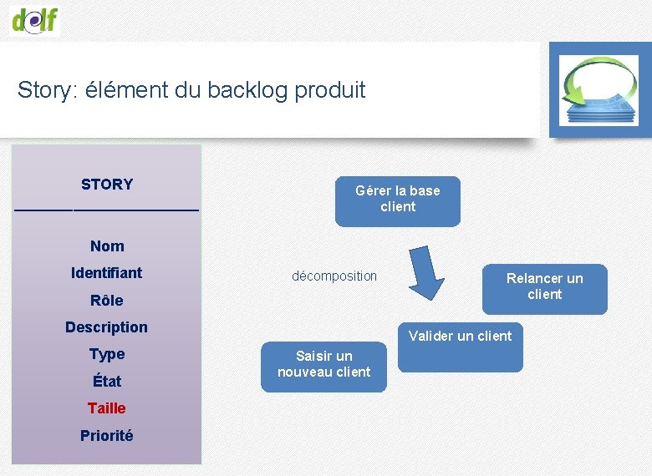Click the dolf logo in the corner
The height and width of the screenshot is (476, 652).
(35, 18)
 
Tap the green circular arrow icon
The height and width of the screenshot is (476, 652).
(599, 89)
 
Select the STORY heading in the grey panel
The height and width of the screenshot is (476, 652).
(106, 185)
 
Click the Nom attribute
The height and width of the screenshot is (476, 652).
(107, 246)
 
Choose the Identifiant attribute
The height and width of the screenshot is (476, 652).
(106, 273)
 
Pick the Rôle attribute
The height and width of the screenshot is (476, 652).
(106, 301)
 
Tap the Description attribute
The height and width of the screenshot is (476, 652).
(106, 327)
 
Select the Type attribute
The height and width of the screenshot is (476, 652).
(107, 354)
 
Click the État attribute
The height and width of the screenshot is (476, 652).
(107, 382)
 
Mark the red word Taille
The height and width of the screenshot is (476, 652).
(107, 408)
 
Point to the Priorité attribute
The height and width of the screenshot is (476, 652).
(106, 436)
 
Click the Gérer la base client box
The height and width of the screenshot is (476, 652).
(398, 200)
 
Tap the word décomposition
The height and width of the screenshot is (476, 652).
(334, 276)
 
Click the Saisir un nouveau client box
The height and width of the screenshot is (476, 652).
(324, 365)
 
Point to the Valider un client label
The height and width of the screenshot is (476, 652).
(460, 336)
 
